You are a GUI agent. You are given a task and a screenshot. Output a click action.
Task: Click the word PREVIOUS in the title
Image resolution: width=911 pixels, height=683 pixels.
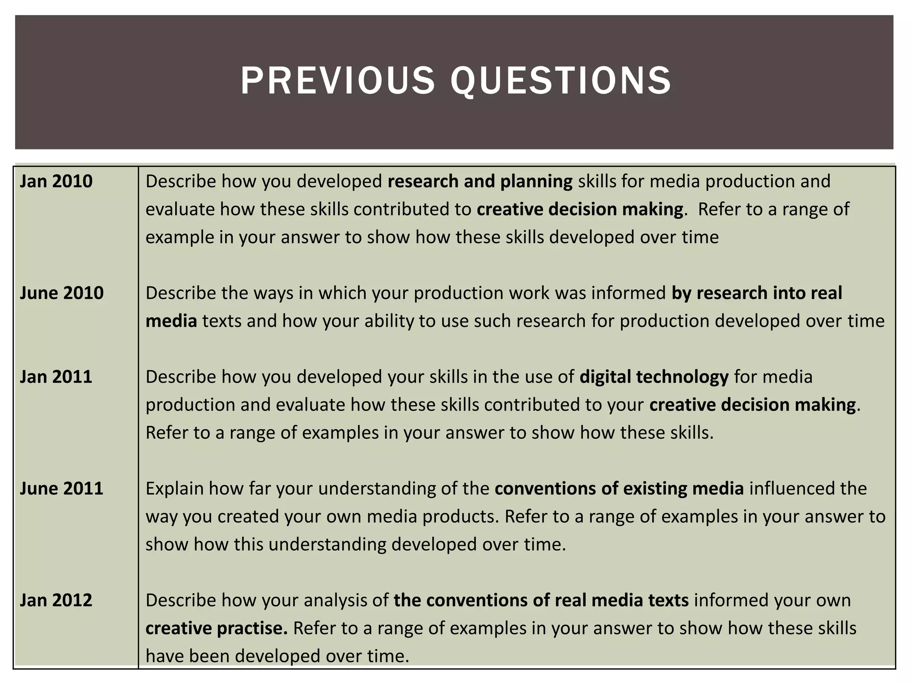click(337, 81)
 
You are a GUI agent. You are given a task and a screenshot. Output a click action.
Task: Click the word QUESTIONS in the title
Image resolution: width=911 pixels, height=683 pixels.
click(561, 81)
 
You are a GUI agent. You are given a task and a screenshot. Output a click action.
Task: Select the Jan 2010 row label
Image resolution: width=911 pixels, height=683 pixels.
click(56, 181)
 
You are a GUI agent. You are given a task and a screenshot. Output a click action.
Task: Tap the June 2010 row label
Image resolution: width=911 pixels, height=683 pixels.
click(61, 293)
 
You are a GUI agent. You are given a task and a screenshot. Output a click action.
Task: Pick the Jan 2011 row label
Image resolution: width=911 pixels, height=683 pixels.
click(56, 377)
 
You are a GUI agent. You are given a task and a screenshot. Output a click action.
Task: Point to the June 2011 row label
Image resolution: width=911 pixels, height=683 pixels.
click(61, 489)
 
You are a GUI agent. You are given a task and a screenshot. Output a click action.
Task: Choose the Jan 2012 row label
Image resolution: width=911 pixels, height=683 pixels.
click(56, 600)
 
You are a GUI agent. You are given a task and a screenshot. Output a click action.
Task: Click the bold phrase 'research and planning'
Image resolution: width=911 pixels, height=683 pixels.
click(480, 181)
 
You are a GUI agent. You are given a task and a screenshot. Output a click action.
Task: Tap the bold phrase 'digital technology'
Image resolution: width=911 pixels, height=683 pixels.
click(654, 377)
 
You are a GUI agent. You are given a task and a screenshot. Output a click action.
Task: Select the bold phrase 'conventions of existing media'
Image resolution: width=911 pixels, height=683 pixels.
click(619, 489)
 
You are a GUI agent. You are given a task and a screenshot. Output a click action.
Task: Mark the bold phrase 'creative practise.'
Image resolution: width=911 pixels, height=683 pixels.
click(217, 628)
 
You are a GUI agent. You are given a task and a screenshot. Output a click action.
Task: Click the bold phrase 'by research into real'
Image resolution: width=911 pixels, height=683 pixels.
click(757, 293)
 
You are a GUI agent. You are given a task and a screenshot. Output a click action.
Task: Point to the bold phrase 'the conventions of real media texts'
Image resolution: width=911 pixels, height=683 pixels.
click(541, 600)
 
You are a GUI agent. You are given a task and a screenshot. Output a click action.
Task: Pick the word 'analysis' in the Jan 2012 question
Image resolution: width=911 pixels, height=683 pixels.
click(335, 600)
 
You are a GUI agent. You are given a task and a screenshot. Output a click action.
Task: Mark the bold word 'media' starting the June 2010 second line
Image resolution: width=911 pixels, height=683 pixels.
click(171, 321)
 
